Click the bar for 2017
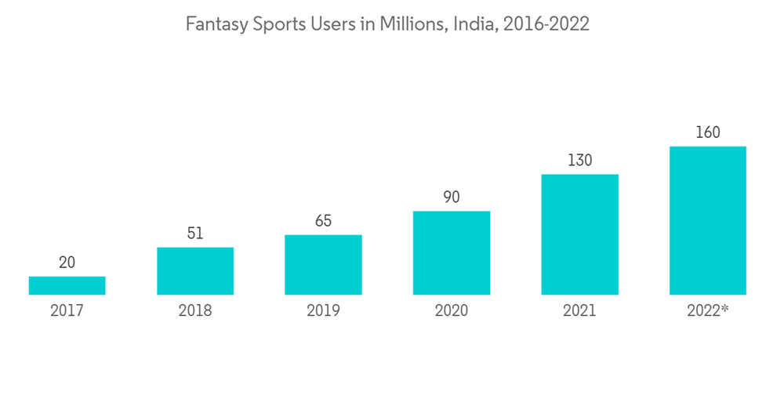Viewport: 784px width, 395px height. point(67,285)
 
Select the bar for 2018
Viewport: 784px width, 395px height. point(195,271)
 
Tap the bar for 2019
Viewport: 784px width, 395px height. point(323,265)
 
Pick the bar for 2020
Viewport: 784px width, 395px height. point(452,252)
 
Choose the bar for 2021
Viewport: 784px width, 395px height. point(579,234)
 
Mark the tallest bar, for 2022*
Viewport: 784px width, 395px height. point(707,220)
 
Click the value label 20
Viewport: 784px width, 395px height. point(67,263)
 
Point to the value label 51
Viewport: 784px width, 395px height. point(195,234)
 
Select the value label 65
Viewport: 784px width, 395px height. point(323,221)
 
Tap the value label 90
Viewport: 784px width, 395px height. point(452,197)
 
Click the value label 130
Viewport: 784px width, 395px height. point(579,161)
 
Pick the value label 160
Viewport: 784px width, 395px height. point(707,132)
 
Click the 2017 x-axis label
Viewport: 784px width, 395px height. point(67,310)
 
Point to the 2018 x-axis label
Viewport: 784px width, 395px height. point(195,310)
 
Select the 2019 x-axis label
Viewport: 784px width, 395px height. point(323,310)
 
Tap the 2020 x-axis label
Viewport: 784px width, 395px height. point(452,310)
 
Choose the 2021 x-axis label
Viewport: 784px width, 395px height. point(579,310)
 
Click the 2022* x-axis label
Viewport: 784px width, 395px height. point(708,310)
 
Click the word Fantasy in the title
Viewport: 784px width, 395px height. point(212,26)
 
